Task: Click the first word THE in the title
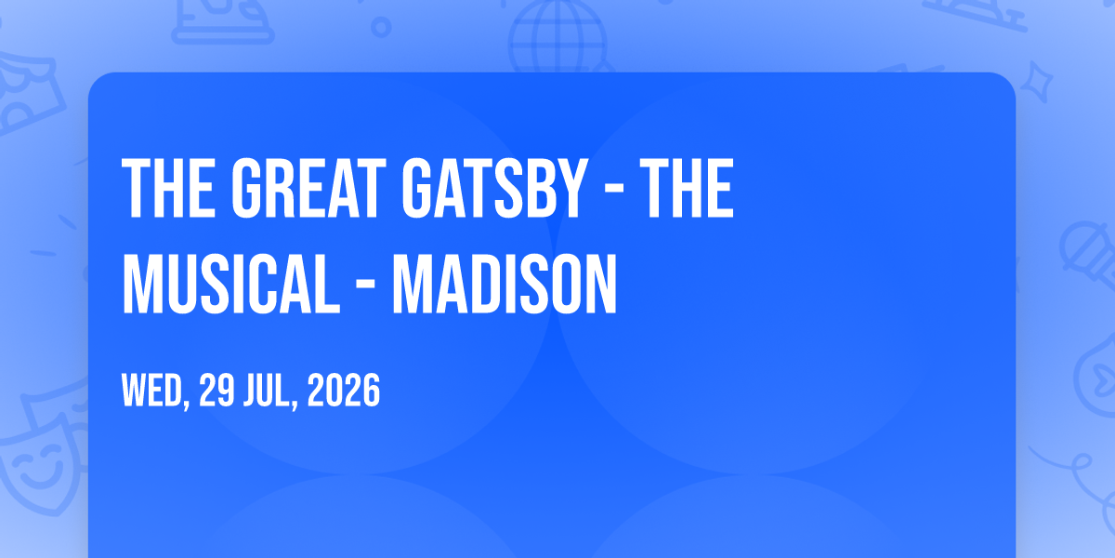click(169, 188)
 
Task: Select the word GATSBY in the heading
click(492, 188)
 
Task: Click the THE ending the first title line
click(687, 188)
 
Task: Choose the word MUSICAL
click(231, 284)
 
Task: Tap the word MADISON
click(505, 284)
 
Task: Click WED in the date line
click(152, 390)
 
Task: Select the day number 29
click(216, 390)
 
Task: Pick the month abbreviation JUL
click(268, 390)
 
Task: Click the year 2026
click(344, 390)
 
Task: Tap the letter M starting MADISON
click(411, 284)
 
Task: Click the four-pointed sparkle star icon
click(1037, 82)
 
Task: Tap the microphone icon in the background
click(1089, 255)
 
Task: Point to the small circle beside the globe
click(381, 27)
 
